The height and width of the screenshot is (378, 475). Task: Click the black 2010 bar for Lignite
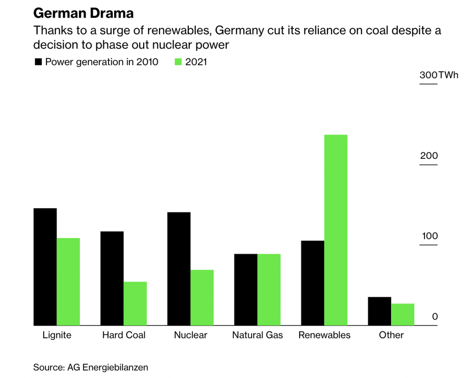[x=45, y=267]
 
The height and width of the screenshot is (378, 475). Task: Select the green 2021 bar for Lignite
[x=68, y=282]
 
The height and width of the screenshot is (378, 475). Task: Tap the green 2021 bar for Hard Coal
[x=135, y=304]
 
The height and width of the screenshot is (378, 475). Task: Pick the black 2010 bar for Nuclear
[x=179, y=269]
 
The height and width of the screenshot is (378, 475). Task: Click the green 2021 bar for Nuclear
[x=202, y=298]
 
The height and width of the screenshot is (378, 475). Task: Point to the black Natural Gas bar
[x=245, y=290]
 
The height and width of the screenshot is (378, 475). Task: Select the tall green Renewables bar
[x=336, y=230]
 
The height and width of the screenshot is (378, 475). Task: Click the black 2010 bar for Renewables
[x=313, y=283]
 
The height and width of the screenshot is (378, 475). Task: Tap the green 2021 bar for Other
[x=403, y=315]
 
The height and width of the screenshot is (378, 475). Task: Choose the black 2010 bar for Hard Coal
[x=112, y=279]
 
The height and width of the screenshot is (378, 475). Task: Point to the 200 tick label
[x=429, y=156]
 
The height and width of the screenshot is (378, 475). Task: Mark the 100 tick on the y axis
[x=430, y=236]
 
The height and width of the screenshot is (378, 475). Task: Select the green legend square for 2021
[x=178, y=62]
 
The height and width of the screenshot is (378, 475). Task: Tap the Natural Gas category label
[x=257, y=335]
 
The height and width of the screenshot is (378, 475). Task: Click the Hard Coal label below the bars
[x=124, y=335]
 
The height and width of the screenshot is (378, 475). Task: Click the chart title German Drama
[x=83, y=13]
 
